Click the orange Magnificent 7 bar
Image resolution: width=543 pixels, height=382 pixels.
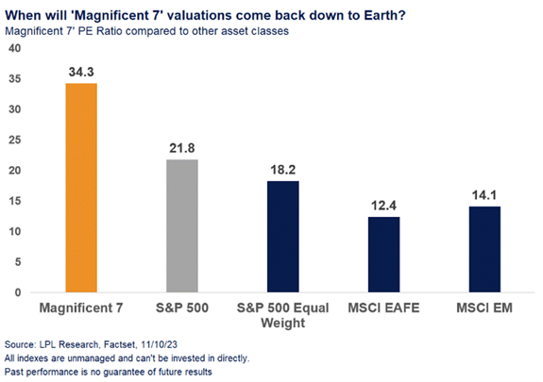pos(81,188)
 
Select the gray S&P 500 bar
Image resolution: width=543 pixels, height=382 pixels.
pos(182,226)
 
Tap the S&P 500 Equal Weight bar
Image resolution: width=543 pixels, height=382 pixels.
pos(283,237)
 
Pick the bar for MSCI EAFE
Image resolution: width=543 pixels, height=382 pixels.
pos(383,255)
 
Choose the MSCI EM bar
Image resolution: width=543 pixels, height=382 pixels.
pos(484,249)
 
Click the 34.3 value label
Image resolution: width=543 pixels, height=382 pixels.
pos(81,72)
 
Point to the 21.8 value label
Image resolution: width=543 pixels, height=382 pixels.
pos(182,148)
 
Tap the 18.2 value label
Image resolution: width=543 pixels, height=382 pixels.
pos(283,170)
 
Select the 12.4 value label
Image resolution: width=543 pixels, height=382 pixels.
pos(383,206)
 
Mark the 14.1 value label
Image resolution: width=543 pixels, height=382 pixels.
pos(484,195)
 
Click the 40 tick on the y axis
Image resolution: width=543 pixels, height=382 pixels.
pos(14,48)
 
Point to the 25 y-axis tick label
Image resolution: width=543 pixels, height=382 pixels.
pos(14,140)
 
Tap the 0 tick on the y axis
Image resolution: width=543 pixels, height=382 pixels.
pos(18,292)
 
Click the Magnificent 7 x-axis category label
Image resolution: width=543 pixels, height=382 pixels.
pos(81,307)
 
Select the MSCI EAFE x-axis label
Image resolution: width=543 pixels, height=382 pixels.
pos(383,307)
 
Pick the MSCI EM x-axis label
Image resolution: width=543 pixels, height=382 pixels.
pos(484,307)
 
